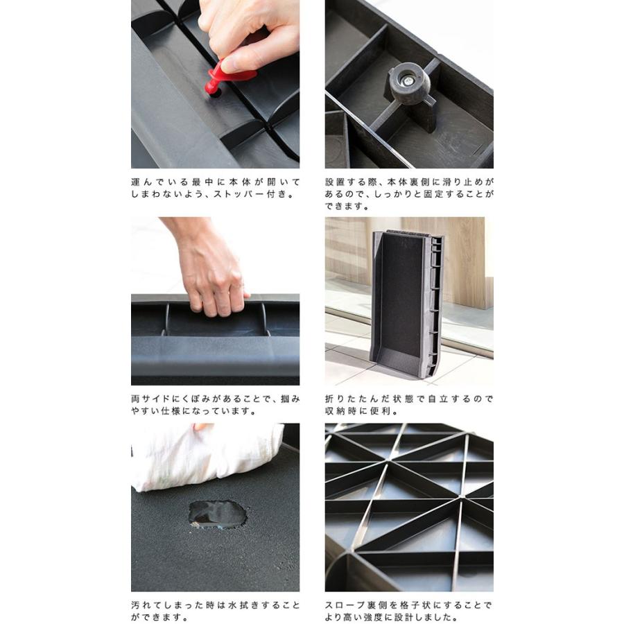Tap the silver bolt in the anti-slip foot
click(408, 82)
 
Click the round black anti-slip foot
click(410, 83)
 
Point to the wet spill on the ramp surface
click(217, 514)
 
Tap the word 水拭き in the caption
click(243, 605)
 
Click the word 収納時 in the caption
click(341, 411)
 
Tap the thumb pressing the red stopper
click(239, 64)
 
